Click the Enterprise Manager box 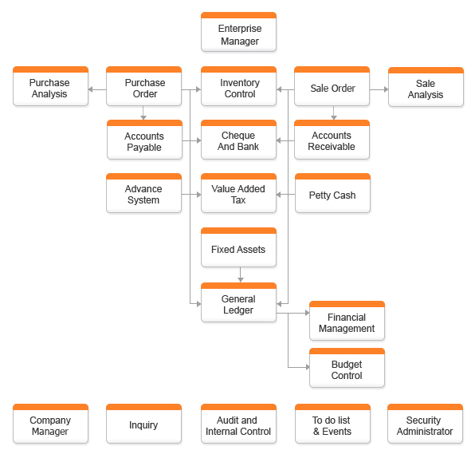(x=239, y=32)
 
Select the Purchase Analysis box (x=50, y=86)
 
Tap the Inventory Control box (x=239, y=86)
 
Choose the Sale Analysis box (x=426, y=87)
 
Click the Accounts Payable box (x=144, y=140)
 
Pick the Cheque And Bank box (x=239, y=140)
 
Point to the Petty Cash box (x=332, y=193)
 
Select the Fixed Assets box (x=239, y=247)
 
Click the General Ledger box (x=239, y=302)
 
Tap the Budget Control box (x=347, y=368)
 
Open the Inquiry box (x=144, y=424)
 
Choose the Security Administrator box (x=426, y=424)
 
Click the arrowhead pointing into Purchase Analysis (x=90, y=89)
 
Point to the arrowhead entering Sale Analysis (x=387, y=89)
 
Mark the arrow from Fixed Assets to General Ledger (x=241, y=274)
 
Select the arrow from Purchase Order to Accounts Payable (x=143, y=113)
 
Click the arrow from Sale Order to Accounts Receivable (x=333, y=113)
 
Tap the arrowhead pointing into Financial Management (x=308, y=313)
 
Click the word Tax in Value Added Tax (x=238, y=200)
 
